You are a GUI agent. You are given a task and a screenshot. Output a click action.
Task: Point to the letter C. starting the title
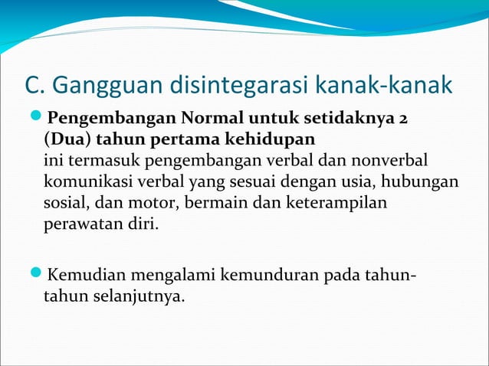click(x=35, y=87)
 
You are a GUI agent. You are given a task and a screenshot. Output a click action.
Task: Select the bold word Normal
click(x=212, y=120)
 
